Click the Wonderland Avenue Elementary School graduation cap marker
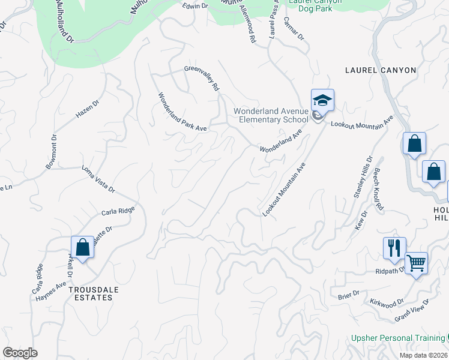pyautogui.click(x=322, y=100)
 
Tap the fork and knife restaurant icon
pyautogui.click(x=394, y=247)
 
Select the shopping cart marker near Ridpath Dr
pyautogui.click(x=417, y=262)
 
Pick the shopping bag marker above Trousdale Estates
pyautogui.click(x=82, y=247)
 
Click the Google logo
pyautogui.click(x=20, y=352)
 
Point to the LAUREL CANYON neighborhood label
pyautogui.click(x=381, y=70)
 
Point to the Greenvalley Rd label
pyautogui.click(x=202, y=79)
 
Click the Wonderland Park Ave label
pyautogui.click(x=182, y=112)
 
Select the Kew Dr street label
pyautogui.click(x=363, y=218)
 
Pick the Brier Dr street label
pyautogui.click(x=348, y=293)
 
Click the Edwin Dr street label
pyautogui.click(x=194, y=5)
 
